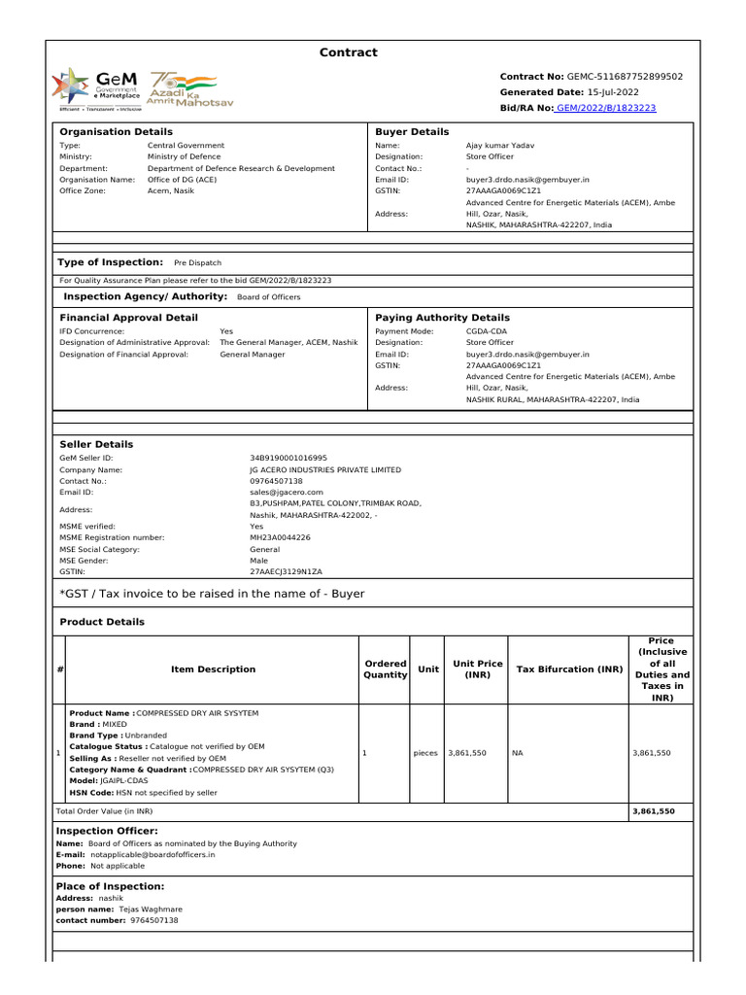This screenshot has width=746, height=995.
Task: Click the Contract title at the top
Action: click(x=349, y=52)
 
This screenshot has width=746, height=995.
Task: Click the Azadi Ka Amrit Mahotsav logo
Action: click(x=190, y=88)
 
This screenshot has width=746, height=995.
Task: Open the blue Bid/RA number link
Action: click(x=605, y=107)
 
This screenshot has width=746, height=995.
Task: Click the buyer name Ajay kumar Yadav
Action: click(x=500, y=146)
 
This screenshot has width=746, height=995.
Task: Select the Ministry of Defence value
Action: click(x=184, y=156)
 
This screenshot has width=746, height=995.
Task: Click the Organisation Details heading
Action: click(x=116, y=131)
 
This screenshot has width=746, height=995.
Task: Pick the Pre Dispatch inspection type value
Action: click(x=197, y=263)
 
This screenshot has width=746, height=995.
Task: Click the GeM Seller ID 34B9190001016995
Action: click(x=288, y=458)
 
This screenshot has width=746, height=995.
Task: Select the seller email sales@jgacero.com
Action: click(x=286, y=493)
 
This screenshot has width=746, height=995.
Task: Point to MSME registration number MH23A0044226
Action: click(x=280, y=537)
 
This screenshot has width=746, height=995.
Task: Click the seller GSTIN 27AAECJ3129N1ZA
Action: click(x=286, y=572)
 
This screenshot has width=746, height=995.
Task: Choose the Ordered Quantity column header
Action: click(x=385, y=669)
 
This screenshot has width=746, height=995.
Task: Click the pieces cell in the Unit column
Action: click(x=425, y=753)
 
